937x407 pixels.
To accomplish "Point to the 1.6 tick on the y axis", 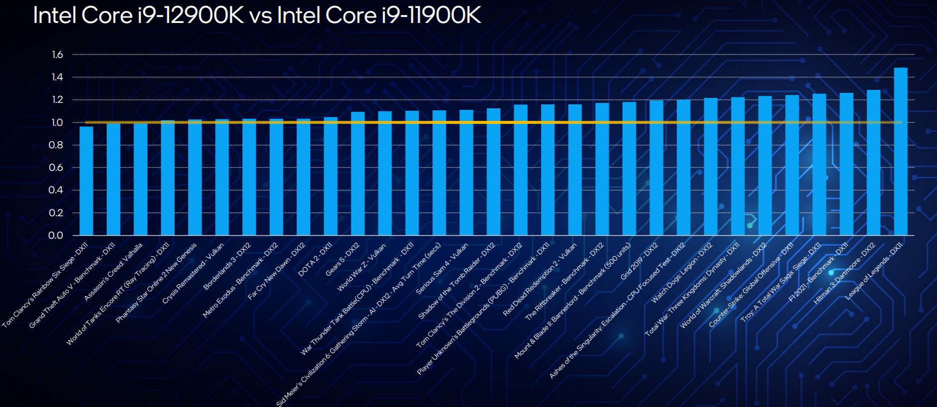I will click(x=57, y=54).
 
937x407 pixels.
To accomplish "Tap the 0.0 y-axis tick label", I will click(x=56, y=235).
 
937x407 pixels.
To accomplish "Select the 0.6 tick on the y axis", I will click(x=56, y=167).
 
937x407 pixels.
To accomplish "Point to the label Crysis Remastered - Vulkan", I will click(x=193, y=273).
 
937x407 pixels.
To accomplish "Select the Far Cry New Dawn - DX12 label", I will click(x=276, y=271).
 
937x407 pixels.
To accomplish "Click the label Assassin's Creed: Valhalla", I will click(x=113, y=272).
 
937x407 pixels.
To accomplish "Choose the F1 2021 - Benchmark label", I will click(x=818, y=272).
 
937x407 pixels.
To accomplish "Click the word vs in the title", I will click(x=260, y=16).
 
